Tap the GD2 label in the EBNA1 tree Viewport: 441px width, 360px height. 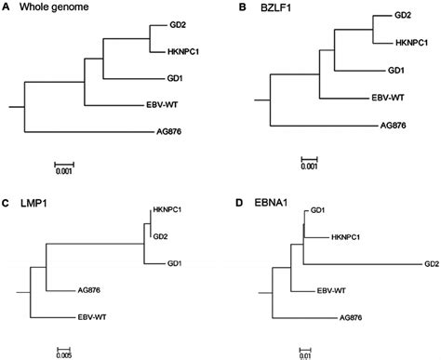(432, 263)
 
